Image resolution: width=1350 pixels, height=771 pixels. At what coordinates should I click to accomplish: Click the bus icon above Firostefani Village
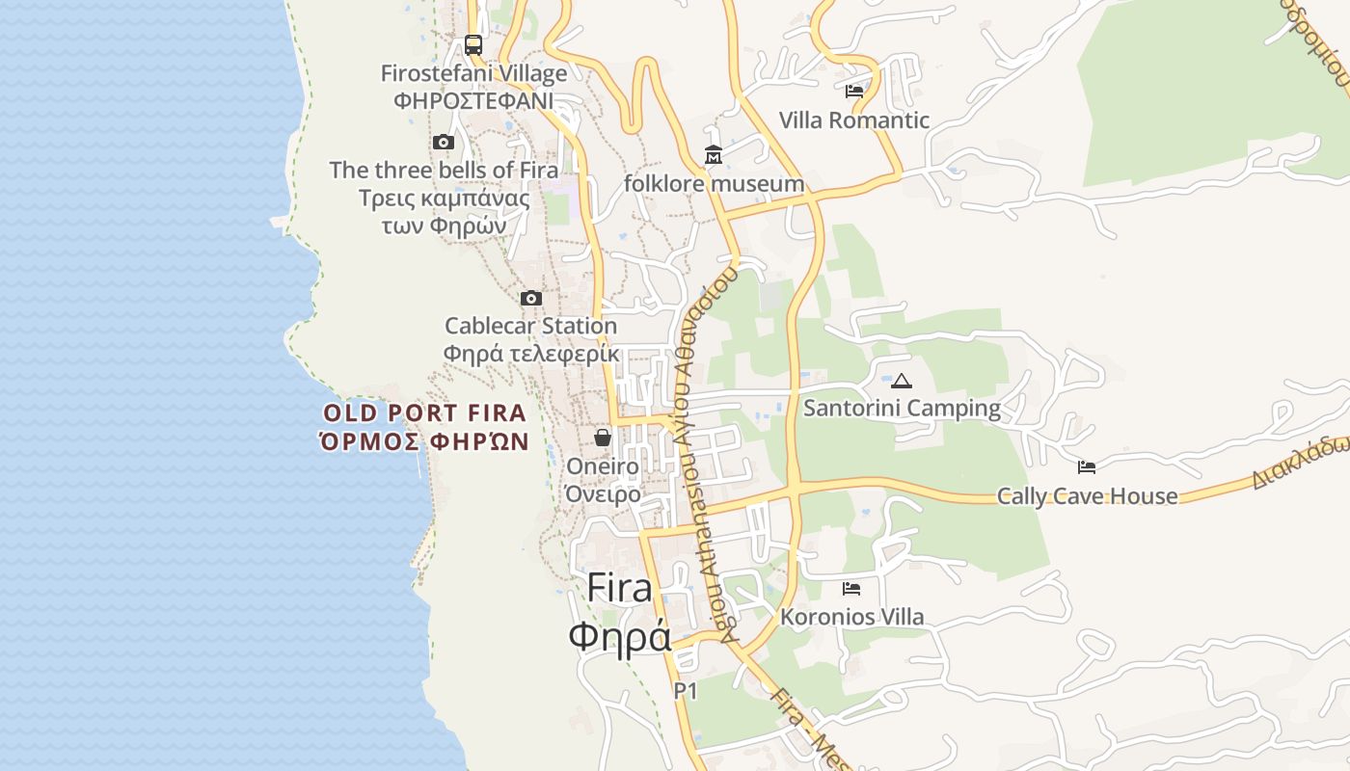(x=472, y=44)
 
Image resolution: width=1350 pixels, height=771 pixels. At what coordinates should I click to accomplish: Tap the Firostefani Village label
(x=473, y=73)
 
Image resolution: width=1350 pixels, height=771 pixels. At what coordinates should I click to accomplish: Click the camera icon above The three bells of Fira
(x=443, y=143)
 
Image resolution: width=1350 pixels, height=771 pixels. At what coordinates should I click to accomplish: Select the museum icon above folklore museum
(x=713, y=155)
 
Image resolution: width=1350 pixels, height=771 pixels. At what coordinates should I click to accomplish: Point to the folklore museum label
(x=714, y=183)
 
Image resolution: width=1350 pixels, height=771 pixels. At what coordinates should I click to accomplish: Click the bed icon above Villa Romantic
(x=853, y=92)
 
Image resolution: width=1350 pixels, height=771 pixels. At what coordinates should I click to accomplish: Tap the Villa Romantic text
(x=853, y=120)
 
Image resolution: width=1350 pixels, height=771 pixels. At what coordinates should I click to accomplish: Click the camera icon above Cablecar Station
(x=530, y=299)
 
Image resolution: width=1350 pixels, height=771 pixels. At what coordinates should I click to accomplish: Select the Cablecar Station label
(x=530, y=326)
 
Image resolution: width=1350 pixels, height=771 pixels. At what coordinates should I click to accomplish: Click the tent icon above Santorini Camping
(x=901, y=381)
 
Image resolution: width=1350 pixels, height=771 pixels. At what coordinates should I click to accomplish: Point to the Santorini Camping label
(x=902, y=408)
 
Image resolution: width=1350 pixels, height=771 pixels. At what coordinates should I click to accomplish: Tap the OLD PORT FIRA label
(x=424, y=413)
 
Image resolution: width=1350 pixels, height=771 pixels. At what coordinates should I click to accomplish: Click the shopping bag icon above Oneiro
(x=603, y=439)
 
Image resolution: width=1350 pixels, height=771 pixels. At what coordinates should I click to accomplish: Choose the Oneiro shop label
(x=603, y=466)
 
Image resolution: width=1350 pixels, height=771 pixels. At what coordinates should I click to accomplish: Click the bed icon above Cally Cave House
(x=1086, y=467)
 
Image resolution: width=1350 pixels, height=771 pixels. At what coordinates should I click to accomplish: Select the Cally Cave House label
(x=1087, y=496)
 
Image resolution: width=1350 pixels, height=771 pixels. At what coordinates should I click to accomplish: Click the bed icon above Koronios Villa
(x=850, y=588)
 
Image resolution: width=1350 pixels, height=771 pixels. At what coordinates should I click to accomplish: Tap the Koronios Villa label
(x=851, y=617)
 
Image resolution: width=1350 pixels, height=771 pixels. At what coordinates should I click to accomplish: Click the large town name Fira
(x=619, y=588)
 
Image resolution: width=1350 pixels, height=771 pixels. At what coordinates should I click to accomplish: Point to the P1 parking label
(x=685, y=691)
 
